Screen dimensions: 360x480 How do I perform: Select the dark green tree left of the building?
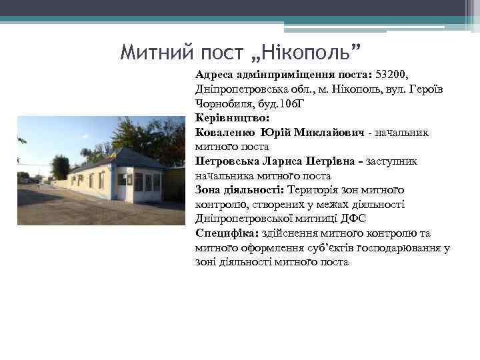click(60, 167)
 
